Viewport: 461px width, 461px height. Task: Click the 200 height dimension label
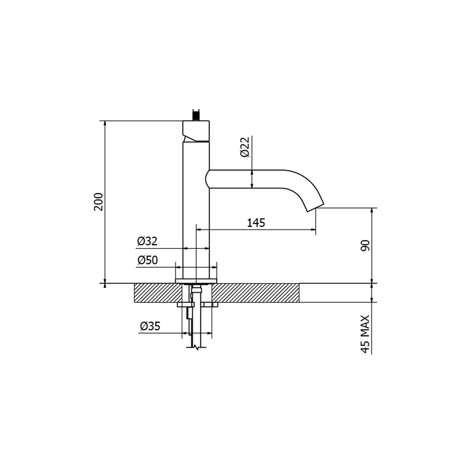(x=99, y=202)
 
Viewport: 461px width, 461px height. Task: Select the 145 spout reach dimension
(x=256, y=223)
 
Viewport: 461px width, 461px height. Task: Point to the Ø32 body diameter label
(x=148, y=241)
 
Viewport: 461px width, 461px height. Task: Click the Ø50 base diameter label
(x=148, y=260)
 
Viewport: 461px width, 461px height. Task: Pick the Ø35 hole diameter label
(x=150, y=326)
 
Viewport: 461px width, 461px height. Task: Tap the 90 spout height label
(x=365, y=245)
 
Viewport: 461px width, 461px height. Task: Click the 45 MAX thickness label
(x=365, y=334)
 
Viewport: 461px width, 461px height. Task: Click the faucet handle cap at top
(x=196, y=131)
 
